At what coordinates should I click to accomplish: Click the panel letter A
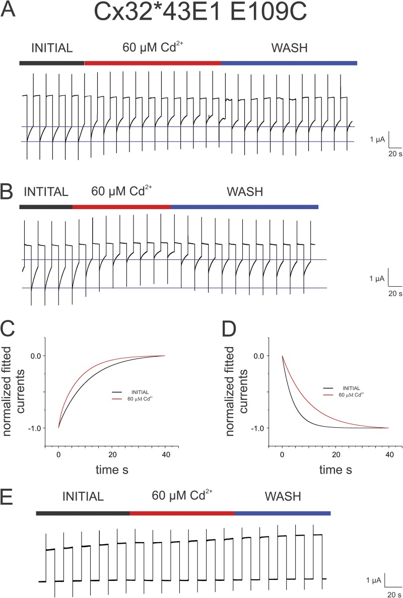pyautogui.click(x=10, y=10)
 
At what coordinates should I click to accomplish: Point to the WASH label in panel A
pyautogui.click(x=289, y=48)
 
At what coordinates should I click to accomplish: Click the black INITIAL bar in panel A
pyautogui.click(x=52, y=63)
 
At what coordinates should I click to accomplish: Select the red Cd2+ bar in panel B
pyautogui.click(x=122, y=207)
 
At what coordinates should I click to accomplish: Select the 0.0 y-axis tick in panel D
pyautogui.click(x=256, y=356)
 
